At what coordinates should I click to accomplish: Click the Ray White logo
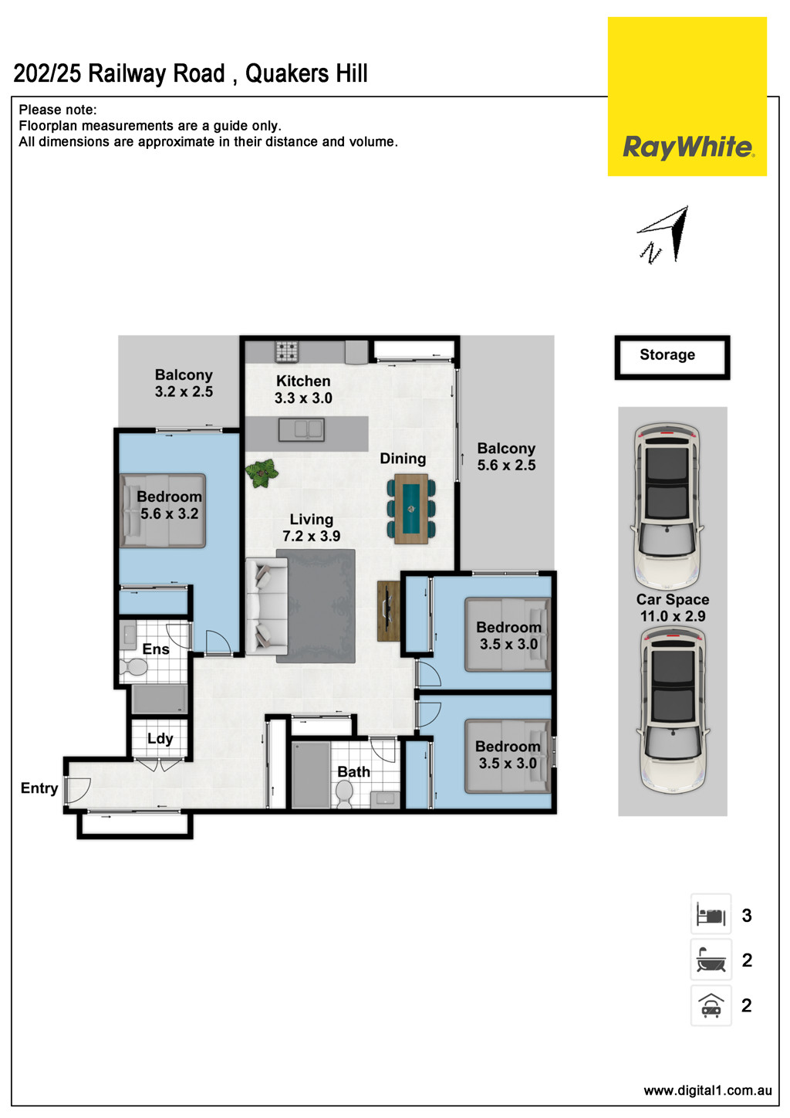(x=687, y=146)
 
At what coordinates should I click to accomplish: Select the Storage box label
(x=667, y=355)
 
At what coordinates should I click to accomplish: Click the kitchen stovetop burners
(x=287, y=352)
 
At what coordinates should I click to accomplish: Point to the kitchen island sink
(x=301, y=429)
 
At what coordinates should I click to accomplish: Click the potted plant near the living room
(x=262, y=472)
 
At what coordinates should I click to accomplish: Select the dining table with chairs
(x=411, y=509)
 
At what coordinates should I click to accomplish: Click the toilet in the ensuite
(x=137, y=666)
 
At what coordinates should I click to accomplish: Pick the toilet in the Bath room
(x=344, y=792)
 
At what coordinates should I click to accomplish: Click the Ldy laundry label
(x=160, y=738)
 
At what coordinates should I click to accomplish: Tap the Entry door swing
(x=77, y=789)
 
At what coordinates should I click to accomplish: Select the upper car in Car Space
(x=667, y=506)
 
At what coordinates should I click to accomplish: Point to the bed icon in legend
(x=711, y=915)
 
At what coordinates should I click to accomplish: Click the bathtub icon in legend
(x=711, y=960)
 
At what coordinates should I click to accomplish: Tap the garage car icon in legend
(x=711, y=1005)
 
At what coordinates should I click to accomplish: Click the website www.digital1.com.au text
(x=707, y=1090)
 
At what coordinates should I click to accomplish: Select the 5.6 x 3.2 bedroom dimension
(x=169, y=513)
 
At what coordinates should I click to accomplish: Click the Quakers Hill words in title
(x=306, y=74)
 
